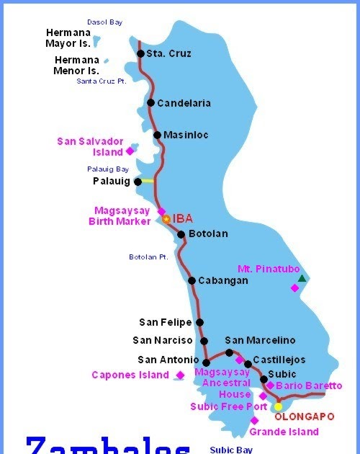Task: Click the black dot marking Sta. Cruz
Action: pyautogui.click(x=141, y=53)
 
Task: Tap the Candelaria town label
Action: pyautogui.click(x=184, y=103)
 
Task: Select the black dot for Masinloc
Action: pyautogui.click(x=157, y=135)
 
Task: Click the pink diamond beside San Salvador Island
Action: pyautogui.click(x=130, y=151)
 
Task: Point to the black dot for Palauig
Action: pyautogui.click(x=138, y=182)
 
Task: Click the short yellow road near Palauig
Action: pyautogui.click(x=148, y=181)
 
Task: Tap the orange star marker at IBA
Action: pyautogui.click(x=166, y=218)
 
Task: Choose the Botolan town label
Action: pyautogui.click(x=208, y=233)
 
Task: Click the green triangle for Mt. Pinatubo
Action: pyautogui.click(x=302, y=278)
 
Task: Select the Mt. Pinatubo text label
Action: pyautogui.click(x=268, y=269)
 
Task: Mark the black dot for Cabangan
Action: pyautogui.click(x=192, y=280)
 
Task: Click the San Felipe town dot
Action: pyautogui.click(x=199, y=322)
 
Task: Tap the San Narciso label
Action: pyautogui.click(x=163, y=340)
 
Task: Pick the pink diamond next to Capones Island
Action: pyautogui.click(x=179, y=375)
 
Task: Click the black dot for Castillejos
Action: pyautogui.click(x=248, y=364)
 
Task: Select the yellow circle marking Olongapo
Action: pyautogui.click(x=278, y=406)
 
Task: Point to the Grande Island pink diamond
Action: pyautogui.click(x=254, y=421)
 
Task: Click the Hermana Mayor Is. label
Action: pyautogui.click(x=68, y=37)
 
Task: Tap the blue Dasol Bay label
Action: pyautogui.click(x=104, y=22)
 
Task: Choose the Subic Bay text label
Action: pyautogui.click(x=231, y=450)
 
